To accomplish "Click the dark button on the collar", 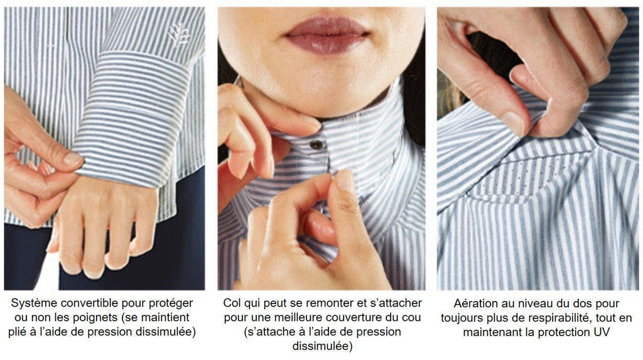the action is (x=316, y=144).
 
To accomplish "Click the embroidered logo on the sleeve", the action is (x=178, y=33).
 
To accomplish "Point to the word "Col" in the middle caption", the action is (x=232, y=303).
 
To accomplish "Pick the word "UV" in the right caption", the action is (x=602, y=332).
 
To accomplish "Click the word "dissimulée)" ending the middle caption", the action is (x=322, y=346).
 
